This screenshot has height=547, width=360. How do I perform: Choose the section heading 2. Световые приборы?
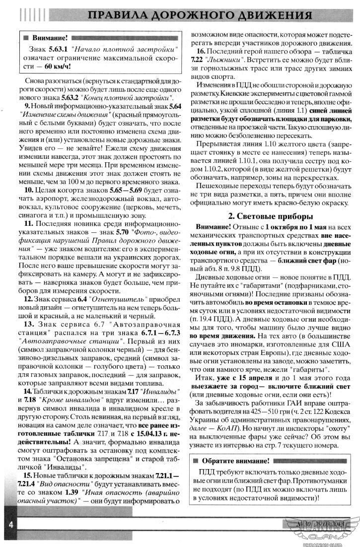coord(270,216)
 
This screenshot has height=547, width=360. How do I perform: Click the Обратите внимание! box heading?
coord(237,461)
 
